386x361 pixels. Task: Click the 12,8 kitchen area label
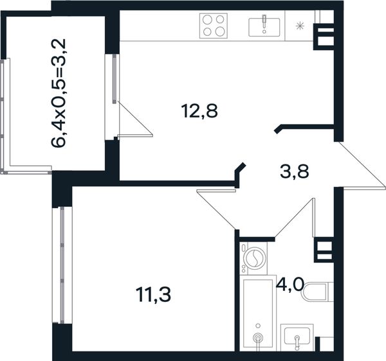pyautogui.click(x=199, y=111)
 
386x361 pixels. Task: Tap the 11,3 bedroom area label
pyautogui.click(x=153, y=295)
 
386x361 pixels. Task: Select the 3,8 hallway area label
pyautogui.click(x=295, y=172)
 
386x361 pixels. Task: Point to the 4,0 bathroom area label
pyautogui.click(x=289, y=284)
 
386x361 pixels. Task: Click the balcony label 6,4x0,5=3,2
pyautogui.click(x=59, y=93)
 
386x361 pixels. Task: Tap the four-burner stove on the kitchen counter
pyautogui.click(x=213, y=26)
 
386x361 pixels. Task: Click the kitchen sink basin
pyautogui.click(x=264, y=27)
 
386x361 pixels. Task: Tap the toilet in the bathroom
pyautogui.click(x=318, y=292)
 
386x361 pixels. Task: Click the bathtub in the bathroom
pyautogui.click(x=258, y=314)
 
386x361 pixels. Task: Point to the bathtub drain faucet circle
pyautogui.click(x=258, y=338)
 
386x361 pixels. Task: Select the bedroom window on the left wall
pyautogui.click(x=62, y=265)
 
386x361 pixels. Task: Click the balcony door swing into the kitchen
pyautogui.click(x=135, y=119)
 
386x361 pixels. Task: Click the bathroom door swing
pyautogui.click(x=295, y=218)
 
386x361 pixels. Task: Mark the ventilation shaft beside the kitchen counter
pyautogui.click(x=324, y=37)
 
